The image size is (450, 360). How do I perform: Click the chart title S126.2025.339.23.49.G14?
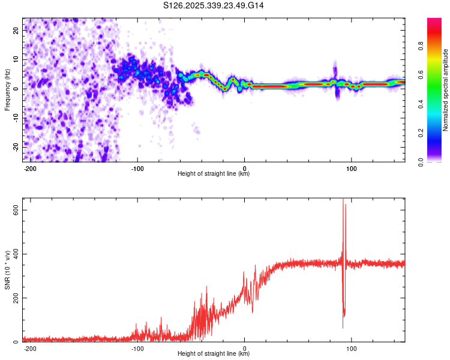point(214,5)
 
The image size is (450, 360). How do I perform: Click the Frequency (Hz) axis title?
point(7,89)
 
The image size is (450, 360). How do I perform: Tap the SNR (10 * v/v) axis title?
point(7,269)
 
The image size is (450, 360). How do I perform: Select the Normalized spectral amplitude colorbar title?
point(446,90)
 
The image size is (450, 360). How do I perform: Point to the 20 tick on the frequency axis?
point(16,30)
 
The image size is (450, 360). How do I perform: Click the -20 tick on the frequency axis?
point(15,146)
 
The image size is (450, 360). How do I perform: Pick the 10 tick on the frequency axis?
point(16,59)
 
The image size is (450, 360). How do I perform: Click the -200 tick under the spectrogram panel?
point(31,167)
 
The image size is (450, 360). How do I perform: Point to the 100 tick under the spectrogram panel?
point(351,167)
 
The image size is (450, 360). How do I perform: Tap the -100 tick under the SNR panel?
point(137,347)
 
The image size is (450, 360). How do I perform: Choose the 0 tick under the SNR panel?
point(245,347)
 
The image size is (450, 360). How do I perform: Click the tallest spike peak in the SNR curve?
point(343,200)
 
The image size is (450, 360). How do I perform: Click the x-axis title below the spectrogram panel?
point(214,174)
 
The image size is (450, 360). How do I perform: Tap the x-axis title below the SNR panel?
point(214,354)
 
